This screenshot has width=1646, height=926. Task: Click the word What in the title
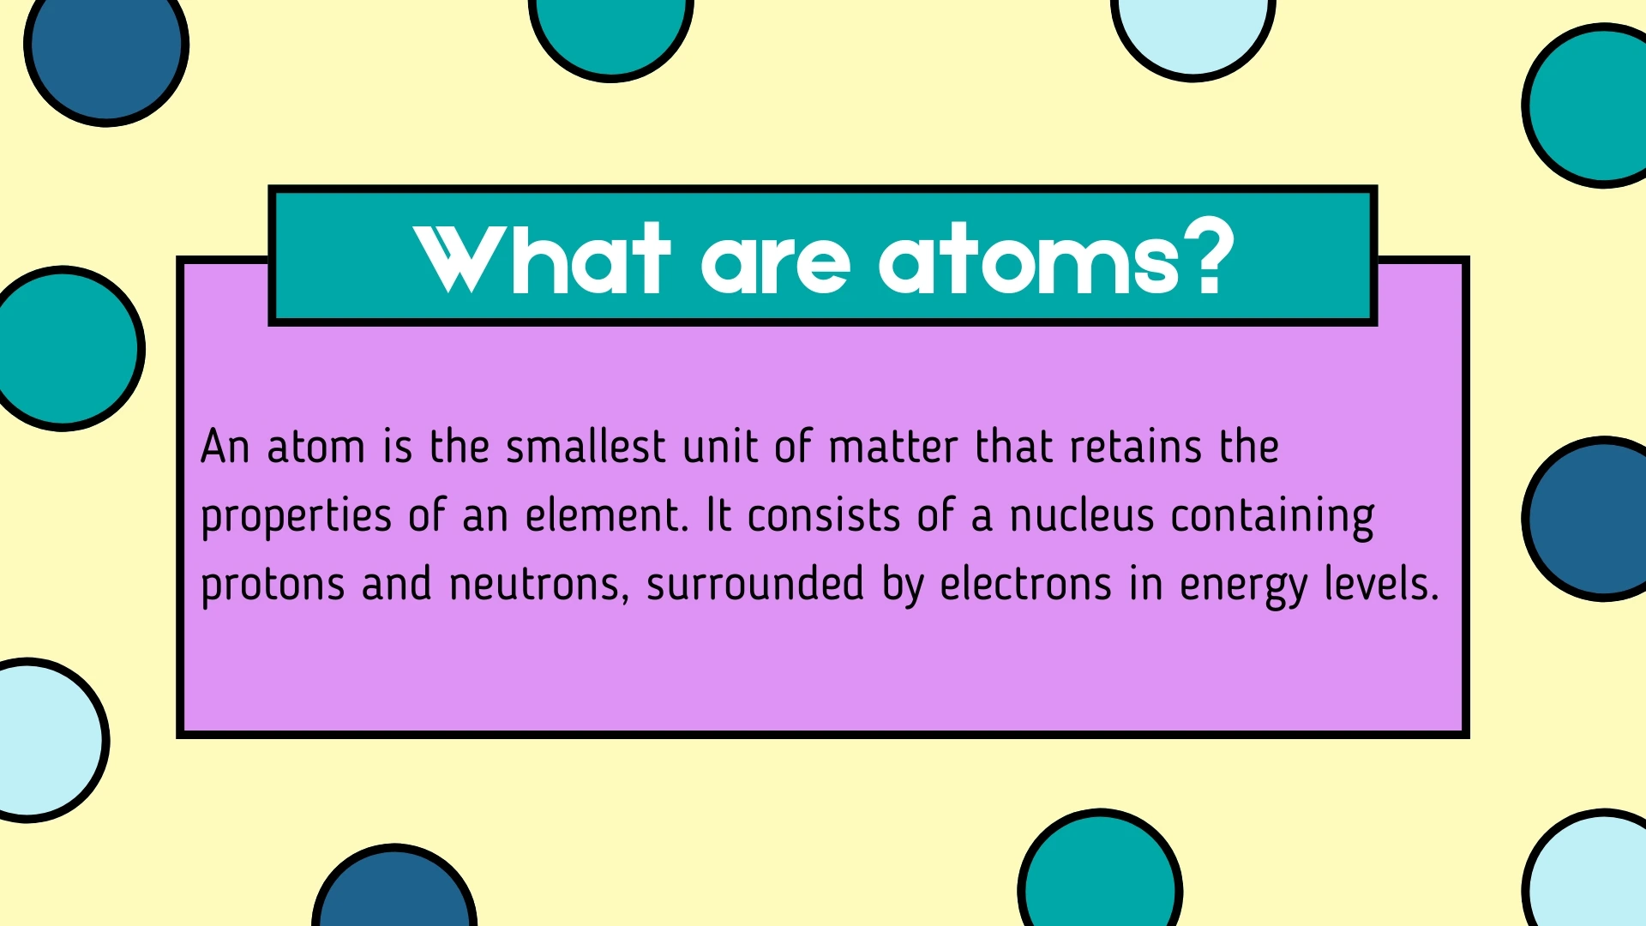[541, 258]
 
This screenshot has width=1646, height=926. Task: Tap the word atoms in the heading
[1029, 260]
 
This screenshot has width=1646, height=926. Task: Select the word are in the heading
[775, 262]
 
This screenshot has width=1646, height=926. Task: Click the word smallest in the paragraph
[586, 447]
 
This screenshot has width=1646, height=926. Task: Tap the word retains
[1136, 447]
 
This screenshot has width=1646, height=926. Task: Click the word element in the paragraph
[604, 516]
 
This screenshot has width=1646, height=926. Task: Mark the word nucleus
[1082, 516]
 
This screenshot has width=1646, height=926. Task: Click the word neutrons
[538, 586]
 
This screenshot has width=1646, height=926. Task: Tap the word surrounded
[754, 584]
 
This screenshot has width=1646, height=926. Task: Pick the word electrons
[1025, 585]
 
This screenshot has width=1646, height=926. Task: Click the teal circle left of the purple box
[64, 348]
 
